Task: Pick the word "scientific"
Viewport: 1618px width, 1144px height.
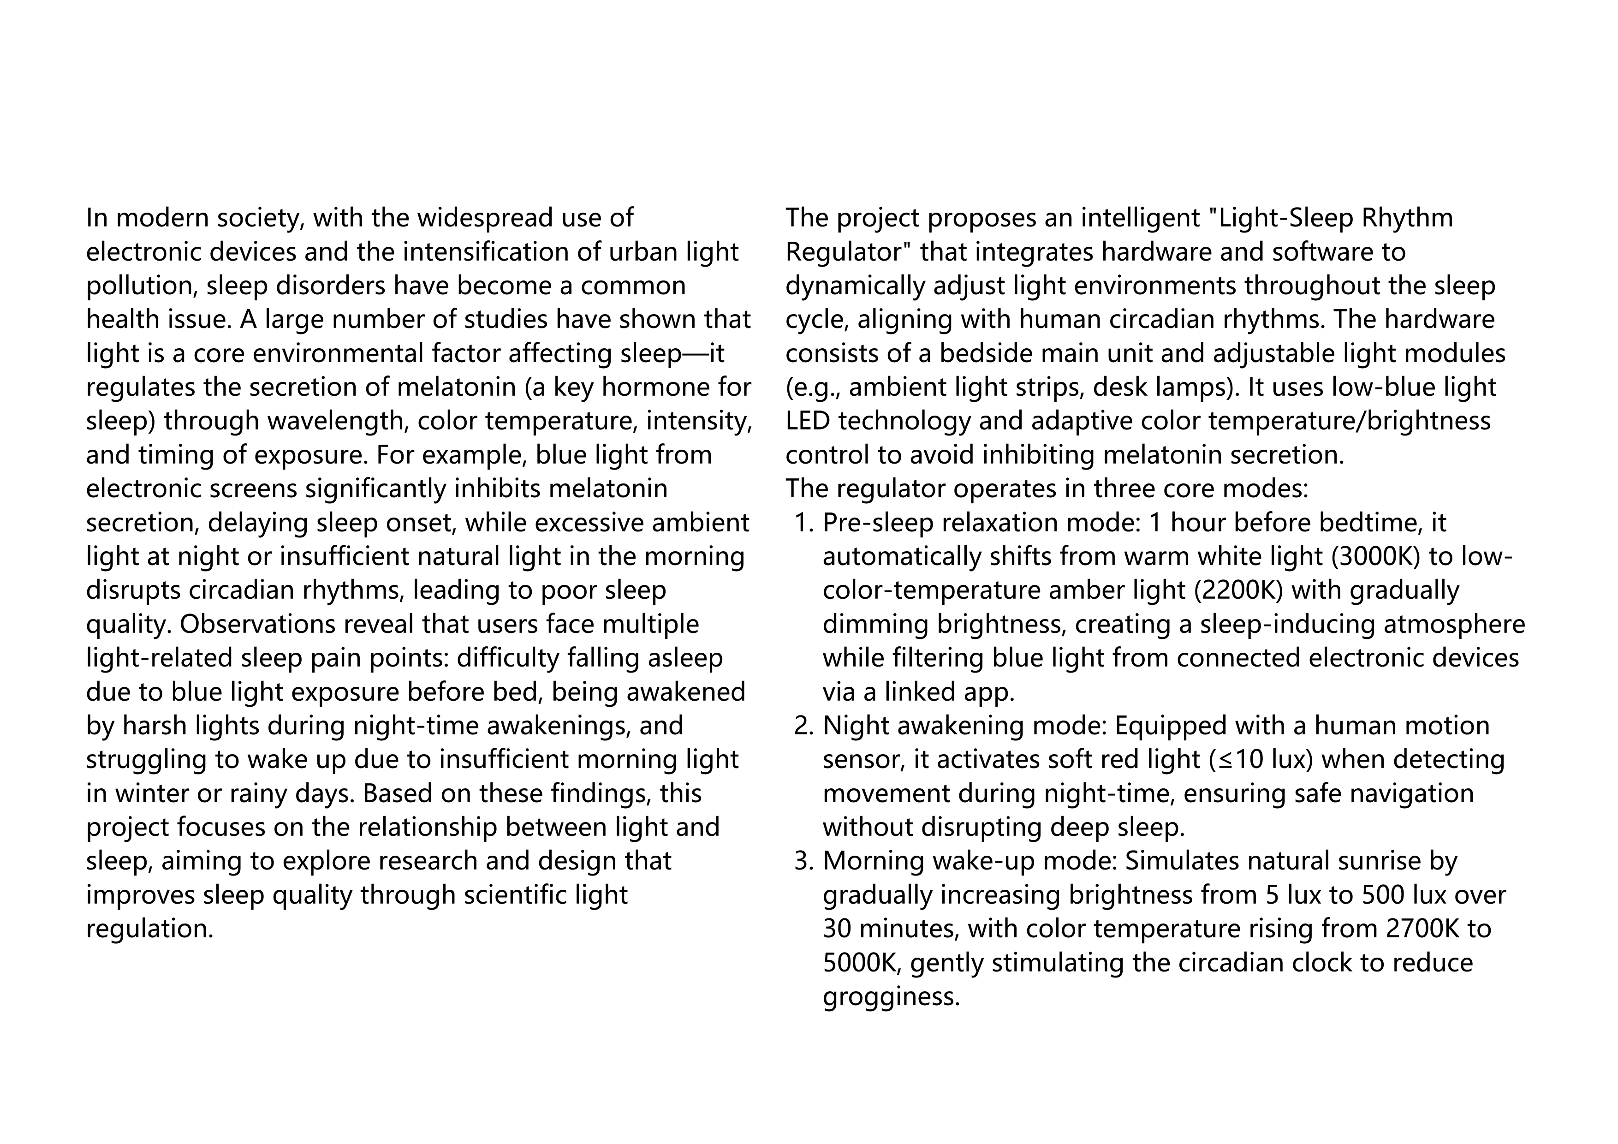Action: [x=511, y=895]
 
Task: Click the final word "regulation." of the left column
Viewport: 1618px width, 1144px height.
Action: [x=149, y=929]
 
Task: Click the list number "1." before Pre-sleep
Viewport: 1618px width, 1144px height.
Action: [x=803, y=523]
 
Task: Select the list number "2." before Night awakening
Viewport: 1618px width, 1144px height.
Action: [x=803, y=726]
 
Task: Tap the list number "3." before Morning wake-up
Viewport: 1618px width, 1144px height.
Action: [x=803, y=861]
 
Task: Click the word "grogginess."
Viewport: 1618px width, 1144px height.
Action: [x=892, y=997]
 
